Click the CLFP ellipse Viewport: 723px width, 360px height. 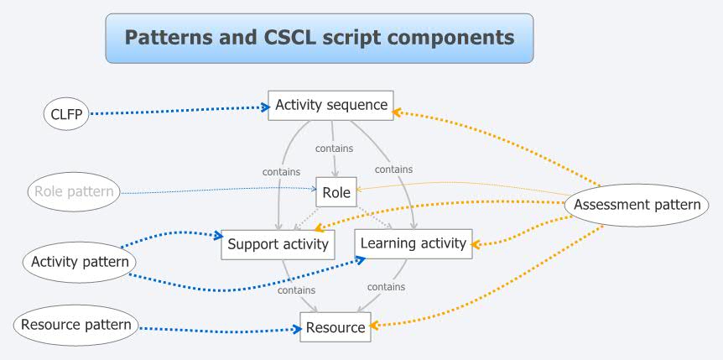(65, 113)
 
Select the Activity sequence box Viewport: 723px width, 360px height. (331, 106)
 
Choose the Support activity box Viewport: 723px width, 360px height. (278, 244)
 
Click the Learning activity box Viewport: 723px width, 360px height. (412, 243)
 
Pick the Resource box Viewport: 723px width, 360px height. (335, 327)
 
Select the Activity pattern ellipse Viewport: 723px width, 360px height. (80, 262)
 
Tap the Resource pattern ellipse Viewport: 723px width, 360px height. (76, 325)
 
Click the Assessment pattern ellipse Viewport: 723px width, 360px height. (637, 204)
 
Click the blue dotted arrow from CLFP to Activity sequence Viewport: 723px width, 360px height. (176, 111)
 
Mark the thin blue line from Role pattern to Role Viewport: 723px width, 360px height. (218, 192)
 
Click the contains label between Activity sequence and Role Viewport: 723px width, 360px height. (334, 149)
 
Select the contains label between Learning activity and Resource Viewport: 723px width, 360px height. (386, 286)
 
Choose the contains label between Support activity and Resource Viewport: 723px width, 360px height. (296, 290)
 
